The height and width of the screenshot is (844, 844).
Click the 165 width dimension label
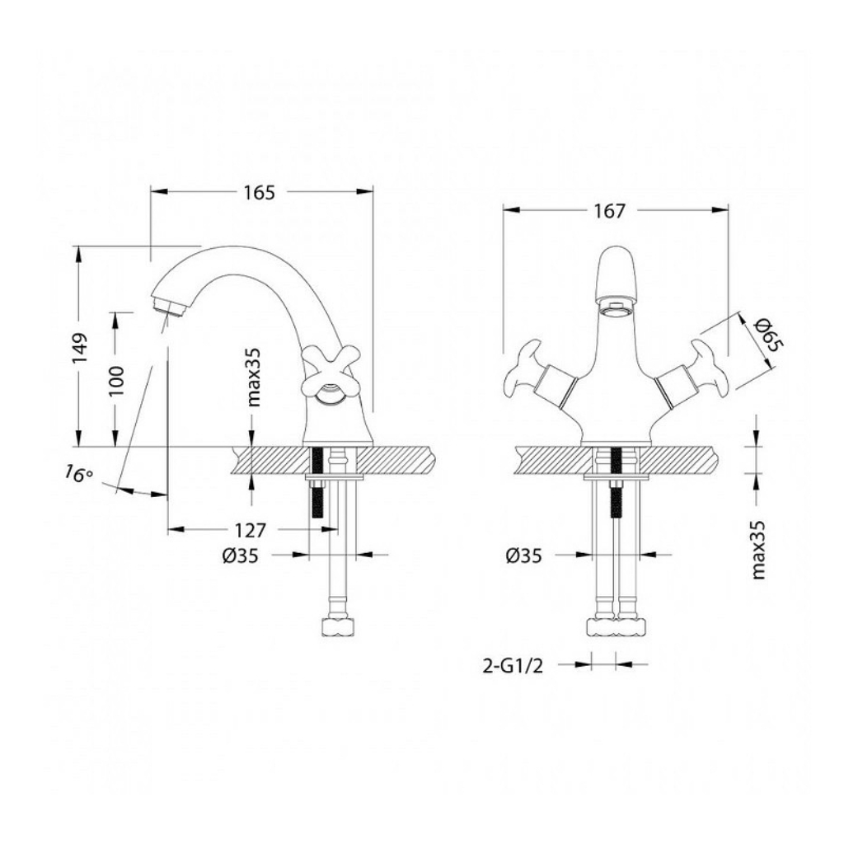(x=259, y=192)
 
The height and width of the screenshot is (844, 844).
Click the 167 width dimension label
(x=609, y=211)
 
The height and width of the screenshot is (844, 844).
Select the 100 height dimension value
(x=117, y=381)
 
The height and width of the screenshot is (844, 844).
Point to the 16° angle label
(x=78, y=474)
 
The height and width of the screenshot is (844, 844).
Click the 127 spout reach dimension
(x=251, y=531)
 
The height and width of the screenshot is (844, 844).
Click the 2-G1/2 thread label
(x=513, y=666)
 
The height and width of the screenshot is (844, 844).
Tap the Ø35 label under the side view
(x=240, y=556)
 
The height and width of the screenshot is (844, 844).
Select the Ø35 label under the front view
(x=523, y=556)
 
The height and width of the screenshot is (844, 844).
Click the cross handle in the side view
(x=323, y=374)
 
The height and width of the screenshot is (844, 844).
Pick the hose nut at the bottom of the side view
(x=339, y=627)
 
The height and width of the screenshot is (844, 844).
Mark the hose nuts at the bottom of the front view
(x=615, y=627)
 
